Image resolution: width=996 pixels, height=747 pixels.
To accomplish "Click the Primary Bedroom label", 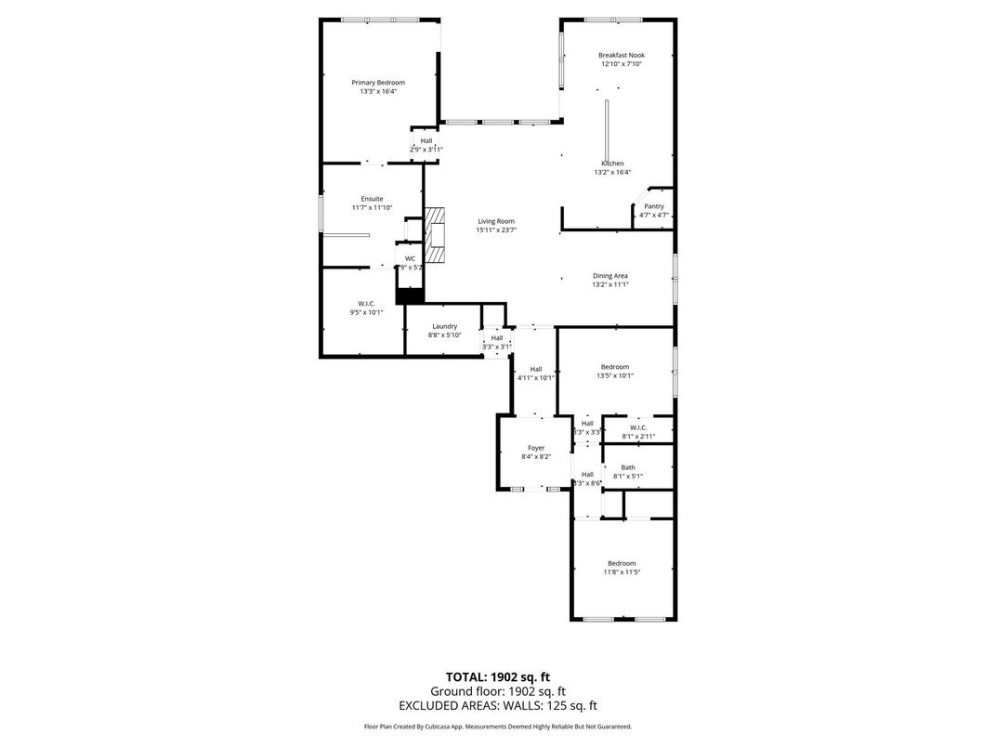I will [x=378, y=83].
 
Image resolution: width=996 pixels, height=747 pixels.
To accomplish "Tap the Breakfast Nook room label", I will [x=622, y=56].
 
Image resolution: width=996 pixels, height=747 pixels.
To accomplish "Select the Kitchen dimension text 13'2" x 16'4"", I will [x=612, y=172].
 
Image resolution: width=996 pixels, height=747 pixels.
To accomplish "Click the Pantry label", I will [x=654, y=206].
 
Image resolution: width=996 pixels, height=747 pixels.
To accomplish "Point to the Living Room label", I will [x=496, y=221].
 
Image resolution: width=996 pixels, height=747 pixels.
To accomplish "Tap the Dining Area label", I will [x=610, y=275].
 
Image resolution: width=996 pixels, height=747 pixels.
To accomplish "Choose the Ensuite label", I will [x=372, y=199].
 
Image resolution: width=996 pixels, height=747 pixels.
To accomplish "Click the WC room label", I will [x=410, y=258].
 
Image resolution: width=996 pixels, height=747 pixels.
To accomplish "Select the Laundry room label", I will [x=444, y=326].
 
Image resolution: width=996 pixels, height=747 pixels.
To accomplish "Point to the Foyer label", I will [x=536, y=448].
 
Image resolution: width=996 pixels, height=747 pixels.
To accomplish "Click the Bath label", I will [x=628, y=467].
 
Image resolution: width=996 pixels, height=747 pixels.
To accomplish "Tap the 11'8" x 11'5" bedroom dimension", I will [x=622, y=572].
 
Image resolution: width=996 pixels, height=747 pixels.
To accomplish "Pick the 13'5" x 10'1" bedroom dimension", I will [x=614, y=376].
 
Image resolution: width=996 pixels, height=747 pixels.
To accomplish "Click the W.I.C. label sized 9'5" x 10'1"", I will [x=365, y=304].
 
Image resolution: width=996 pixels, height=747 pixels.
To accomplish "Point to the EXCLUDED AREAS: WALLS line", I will [x=497, y=706].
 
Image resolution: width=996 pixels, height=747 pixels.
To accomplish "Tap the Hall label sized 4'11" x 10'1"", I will [x=536, y=369].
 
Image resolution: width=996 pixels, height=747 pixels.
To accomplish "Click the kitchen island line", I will [x=608, y=129].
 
